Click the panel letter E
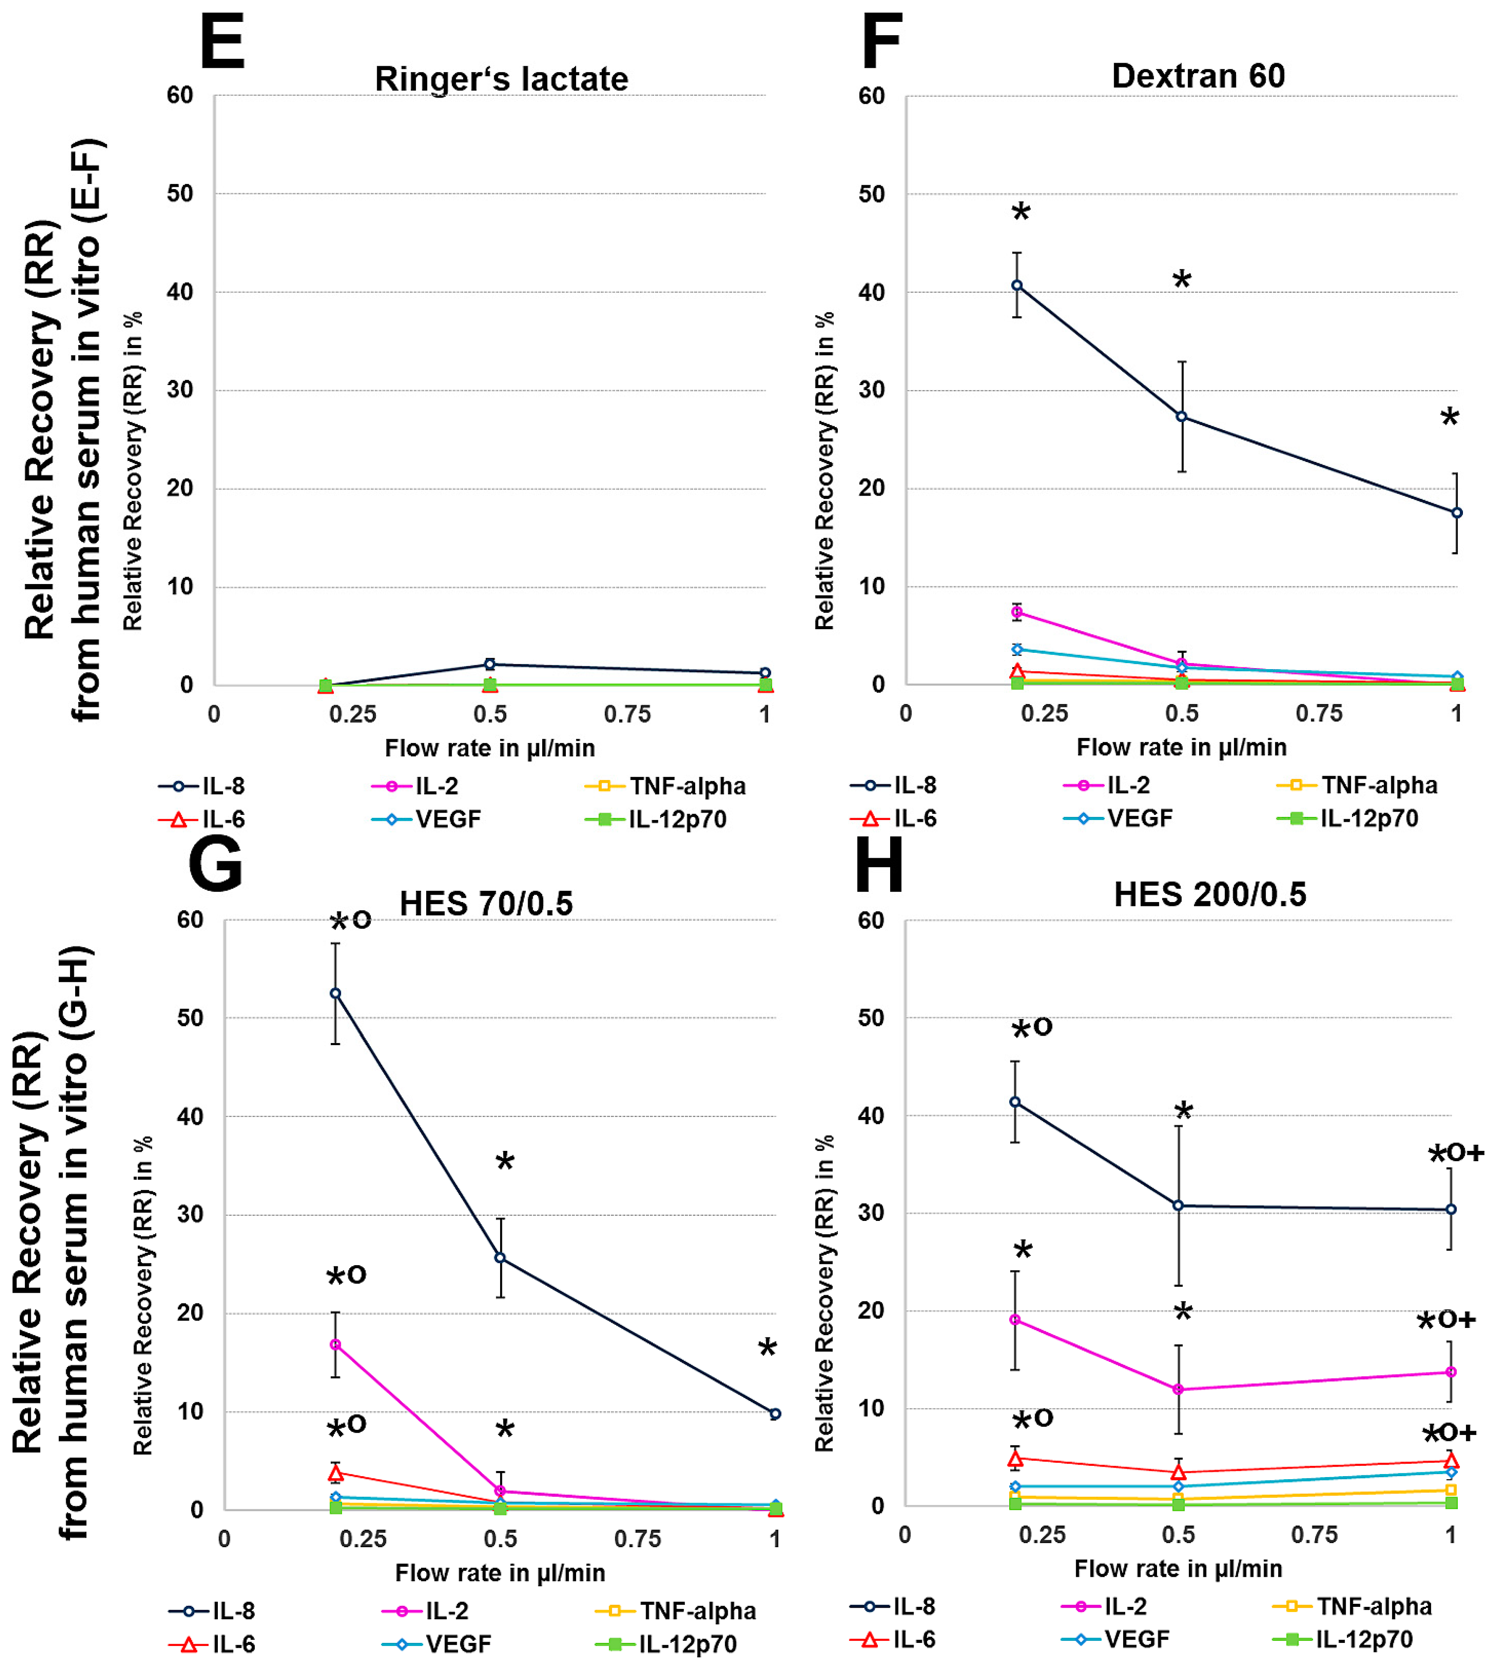tap(222, 43)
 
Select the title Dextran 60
tap(1198, 76)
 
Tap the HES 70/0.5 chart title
tap(486, 904)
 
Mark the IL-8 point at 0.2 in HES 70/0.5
tap(336, 994)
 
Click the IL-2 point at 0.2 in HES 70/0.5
tap(336, 1345)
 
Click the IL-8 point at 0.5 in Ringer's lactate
tap(490, 664)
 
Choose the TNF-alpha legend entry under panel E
tap(666, 786)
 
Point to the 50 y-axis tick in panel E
tap(180, 194)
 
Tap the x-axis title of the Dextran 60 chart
tap(1181, 747)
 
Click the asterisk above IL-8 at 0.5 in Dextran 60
tap(1181, 279)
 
